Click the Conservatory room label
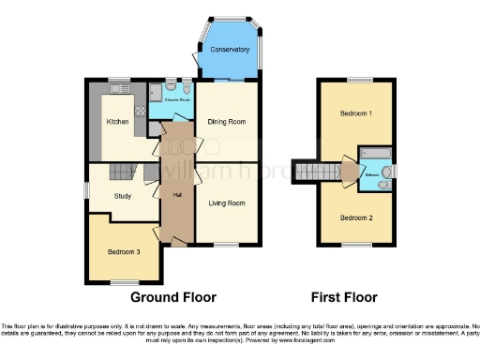230,49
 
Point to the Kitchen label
117,122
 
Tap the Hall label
177,194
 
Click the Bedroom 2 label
357,217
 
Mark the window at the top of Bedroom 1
357,81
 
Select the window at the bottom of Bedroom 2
357,250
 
